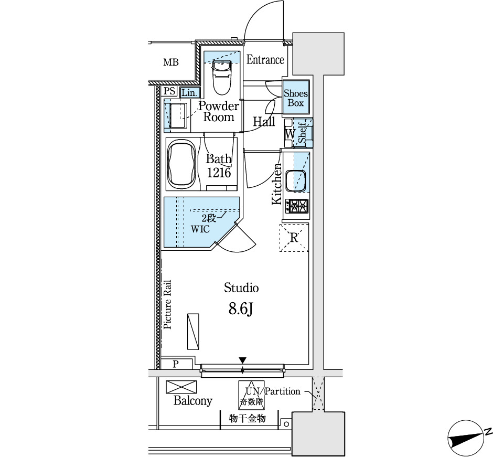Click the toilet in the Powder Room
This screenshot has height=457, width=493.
pos(222,77)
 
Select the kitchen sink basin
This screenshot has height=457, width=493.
pos(296,180)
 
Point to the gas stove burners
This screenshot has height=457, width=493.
pos(297,206)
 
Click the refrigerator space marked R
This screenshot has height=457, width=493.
pos(294,238)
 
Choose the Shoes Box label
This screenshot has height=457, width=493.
pos(296,98)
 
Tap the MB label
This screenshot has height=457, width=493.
pos(171,62)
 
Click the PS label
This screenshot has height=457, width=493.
pos(169,91)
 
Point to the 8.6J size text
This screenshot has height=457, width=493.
pos(241,309)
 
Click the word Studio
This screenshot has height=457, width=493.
pos(241,288)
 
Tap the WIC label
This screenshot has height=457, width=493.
pos(200,229)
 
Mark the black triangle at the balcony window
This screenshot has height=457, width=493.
pos(242,360)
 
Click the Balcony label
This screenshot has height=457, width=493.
pos(192,401)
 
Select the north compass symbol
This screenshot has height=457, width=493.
pos(466,438)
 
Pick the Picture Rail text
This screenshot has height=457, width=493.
pos(168,304)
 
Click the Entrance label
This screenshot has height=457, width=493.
pos(265,60)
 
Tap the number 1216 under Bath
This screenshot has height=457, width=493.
pos(219,173)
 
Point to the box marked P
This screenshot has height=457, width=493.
pos(176,364)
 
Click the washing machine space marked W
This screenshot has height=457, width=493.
pos(290,133)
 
